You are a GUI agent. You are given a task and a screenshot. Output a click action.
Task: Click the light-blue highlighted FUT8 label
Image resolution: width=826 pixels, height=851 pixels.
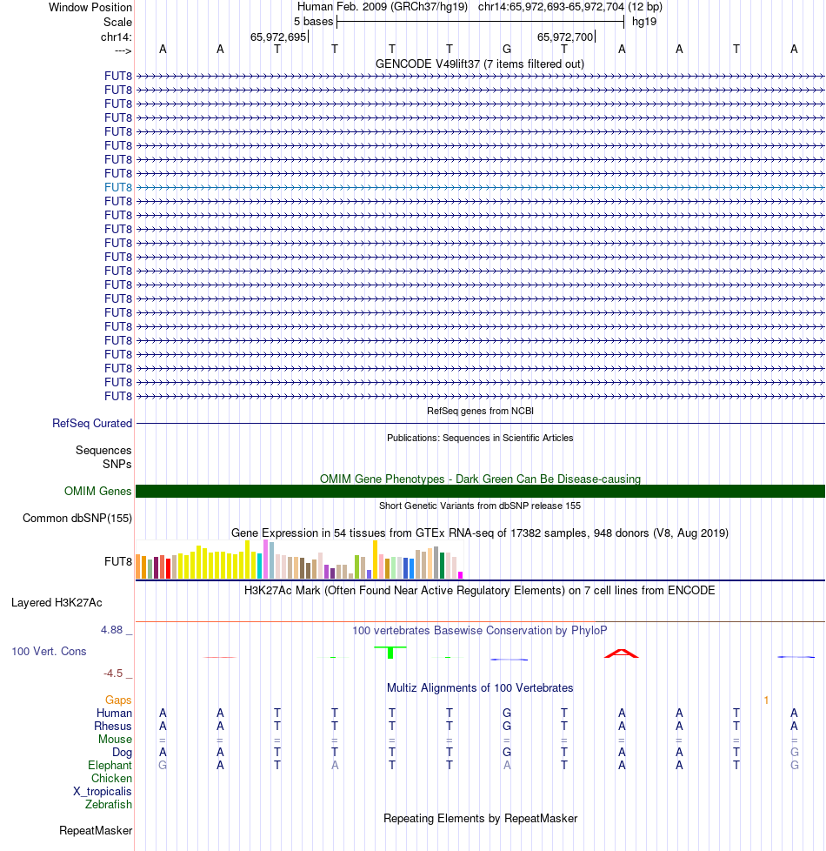[x=118, y=187]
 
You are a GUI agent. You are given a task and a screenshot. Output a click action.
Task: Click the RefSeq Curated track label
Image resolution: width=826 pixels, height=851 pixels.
[x=92, y=424]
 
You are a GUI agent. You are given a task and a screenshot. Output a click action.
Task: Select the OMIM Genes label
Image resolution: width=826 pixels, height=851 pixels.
[x=98, y=492]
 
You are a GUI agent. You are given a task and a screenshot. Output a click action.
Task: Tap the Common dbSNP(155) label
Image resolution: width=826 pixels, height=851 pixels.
[x=77, y=519]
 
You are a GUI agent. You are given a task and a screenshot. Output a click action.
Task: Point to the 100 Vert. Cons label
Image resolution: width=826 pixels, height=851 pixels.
[x=49, y=651]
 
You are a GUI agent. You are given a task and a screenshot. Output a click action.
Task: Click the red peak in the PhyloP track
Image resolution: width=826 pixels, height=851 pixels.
[x=622, y=653]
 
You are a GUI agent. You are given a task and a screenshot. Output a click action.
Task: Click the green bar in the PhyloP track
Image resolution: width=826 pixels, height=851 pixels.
[x=391, y=652]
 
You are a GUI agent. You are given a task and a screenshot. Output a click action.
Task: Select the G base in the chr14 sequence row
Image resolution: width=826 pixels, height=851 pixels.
[x=507, y=49]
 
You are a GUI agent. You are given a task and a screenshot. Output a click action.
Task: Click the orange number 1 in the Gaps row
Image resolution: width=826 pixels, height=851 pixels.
[x=766, y=700]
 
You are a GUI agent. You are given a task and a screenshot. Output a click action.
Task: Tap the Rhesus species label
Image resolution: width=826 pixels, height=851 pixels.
[x=114, y=726]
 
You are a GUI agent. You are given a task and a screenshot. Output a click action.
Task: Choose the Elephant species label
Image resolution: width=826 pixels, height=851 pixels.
[x=110, y=765]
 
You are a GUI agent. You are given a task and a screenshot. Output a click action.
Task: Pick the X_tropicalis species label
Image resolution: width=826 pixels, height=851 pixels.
[x=103, y=792]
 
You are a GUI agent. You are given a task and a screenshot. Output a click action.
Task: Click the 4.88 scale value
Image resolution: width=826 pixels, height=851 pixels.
[x=117, y=630]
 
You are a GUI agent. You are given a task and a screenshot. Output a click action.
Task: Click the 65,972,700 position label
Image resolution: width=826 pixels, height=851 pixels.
[x=565, y=37]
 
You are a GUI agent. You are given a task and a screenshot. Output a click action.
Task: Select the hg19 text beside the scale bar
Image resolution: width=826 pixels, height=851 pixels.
[x=644, y=21]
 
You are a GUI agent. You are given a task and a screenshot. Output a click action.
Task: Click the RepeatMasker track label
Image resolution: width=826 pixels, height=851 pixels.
[x=96, y=831]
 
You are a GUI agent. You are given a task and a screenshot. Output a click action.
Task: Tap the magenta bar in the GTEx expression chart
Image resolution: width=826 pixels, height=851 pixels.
[x=461, y=574]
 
